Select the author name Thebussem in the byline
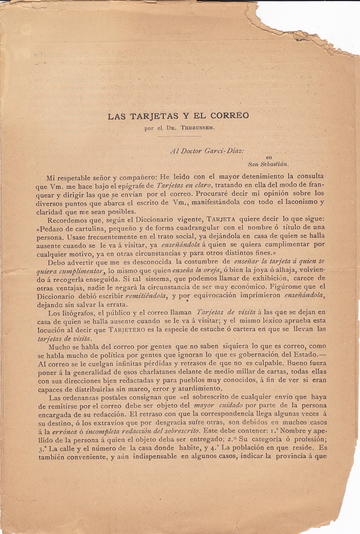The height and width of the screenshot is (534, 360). [x=200, y=128]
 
